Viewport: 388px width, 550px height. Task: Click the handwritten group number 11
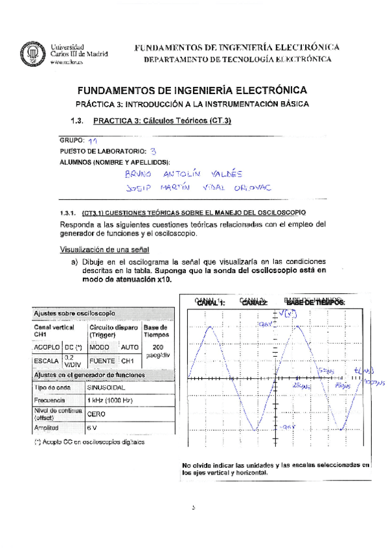click(x=93, y=140)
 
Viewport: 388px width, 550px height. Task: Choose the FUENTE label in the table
click(x=102, y=361)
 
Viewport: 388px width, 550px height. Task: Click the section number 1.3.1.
click(x=68, y=212)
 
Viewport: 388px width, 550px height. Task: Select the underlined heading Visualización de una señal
click(x=104, y=250)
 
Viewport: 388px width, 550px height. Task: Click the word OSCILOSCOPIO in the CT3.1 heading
click(x=281, y=212)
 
